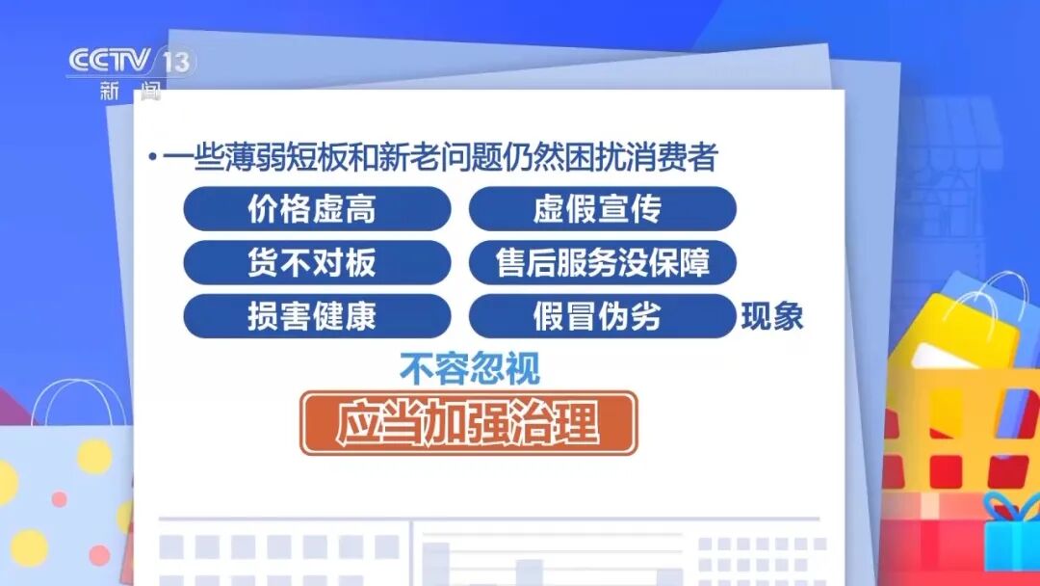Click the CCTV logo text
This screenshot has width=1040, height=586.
click(x=109, y=62)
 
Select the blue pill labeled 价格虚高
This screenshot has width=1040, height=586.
click(x=317, y=209)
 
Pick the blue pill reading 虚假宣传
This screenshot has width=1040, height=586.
click(x=602, y=209)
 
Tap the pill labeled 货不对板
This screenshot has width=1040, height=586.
click(x=317, y=263)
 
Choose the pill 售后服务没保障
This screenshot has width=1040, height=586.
click(x=602, y=263)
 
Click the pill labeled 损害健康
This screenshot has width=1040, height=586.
click(x=317, y=316)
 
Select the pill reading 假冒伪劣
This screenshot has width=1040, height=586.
click(x=602, y=316)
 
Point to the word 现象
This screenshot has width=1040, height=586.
click(x=771, y=317)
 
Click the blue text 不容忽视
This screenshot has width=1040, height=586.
click(x=470, y=368)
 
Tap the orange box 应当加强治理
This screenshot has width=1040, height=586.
click(x=468, y=423)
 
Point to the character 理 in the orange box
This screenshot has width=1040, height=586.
click(x=578, y=423)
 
